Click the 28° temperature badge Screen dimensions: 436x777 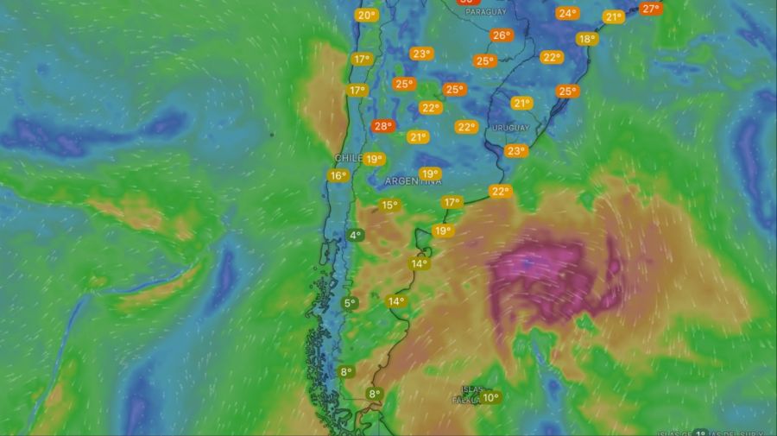[x=382, y=126]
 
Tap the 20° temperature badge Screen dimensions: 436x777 [x=366, y=16]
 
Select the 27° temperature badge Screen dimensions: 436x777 [x=651, y=9]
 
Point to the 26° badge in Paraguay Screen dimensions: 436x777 [x=501, y=35]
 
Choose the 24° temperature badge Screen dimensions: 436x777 [x=567, y=13]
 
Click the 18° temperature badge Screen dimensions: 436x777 [x=587, y=39]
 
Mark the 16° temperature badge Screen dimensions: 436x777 [x=338, y=176]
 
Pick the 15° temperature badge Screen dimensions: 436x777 [x=389, y=205]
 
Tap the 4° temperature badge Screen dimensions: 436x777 [x=355, y=235]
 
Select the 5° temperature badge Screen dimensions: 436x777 [x=350, y=303]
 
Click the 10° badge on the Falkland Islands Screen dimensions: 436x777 [x=490, y=398]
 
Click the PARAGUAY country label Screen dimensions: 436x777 [x=484, y=13]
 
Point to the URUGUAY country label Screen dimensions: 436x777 [x=510, y=128]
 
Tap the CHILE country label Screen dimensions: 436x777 [x=347, y=158]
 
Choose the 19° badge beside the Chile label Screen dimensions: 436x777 [x=374, y=159]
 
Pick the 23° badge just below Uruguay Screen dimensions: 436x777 [x=516, y=151]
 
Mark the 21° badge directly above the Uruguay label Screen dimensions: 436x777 [x=521, y=104]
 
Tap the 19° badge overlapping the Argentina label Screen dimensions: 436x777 [x=430, y=174]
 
